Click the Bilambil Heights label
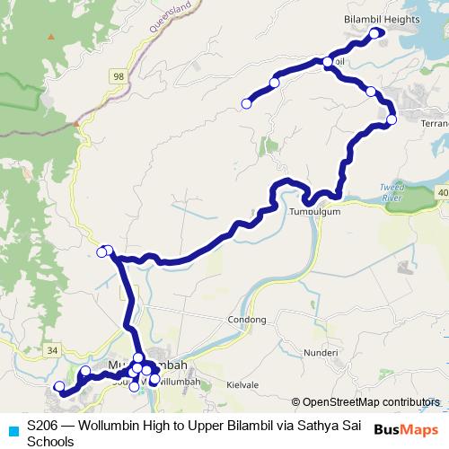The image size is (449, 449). [x=383, y=17]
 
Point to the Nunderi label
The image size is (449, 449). [x=321, y=354]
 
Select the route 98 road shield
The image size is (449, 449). [x=119, y=79]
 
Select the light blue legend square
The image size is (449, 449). [x=13, y=429]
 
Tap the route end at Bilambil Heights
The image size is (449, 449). [x=381, y=33]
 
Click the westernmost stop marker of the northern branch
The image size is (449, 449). [x=246, y=104]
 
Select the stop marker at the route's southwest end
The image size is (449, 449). [x=60, y=387]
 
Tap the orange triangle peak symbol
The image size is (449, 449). [x=52, y=37]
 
